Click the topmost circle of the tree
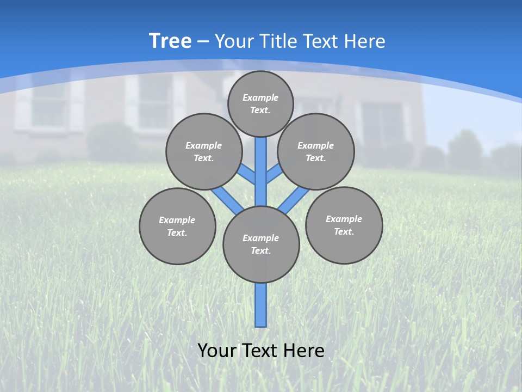point(260,103)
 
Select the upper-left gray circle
point(203,151)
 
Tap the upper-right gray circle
point(315,151)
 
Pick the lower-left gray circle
point(177,226)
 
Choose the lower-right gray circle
point(344,225)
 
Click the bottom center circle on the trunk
point(261,244)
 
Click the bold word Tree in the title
point(170,41)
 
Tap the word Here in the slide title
point(365,41)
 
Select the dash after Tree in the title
point(203,41)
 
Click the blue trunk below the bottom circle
point(261,305)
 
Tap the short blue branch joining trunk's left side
point(247,175)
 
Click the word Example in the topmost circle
point(260,97)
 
